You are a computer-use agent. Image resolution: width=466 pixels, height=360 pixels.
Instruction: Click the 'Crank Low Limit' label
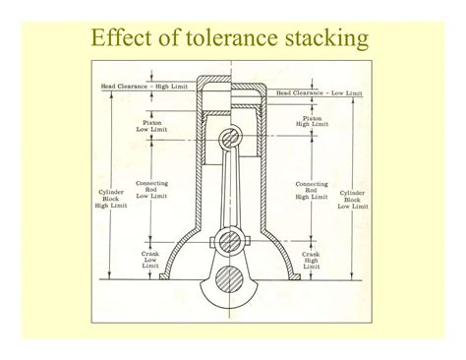[x=150, y=259]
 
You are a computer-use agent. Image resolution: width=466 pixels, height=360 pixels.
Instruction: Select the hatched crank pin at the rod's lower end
[x=230, y=242]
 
